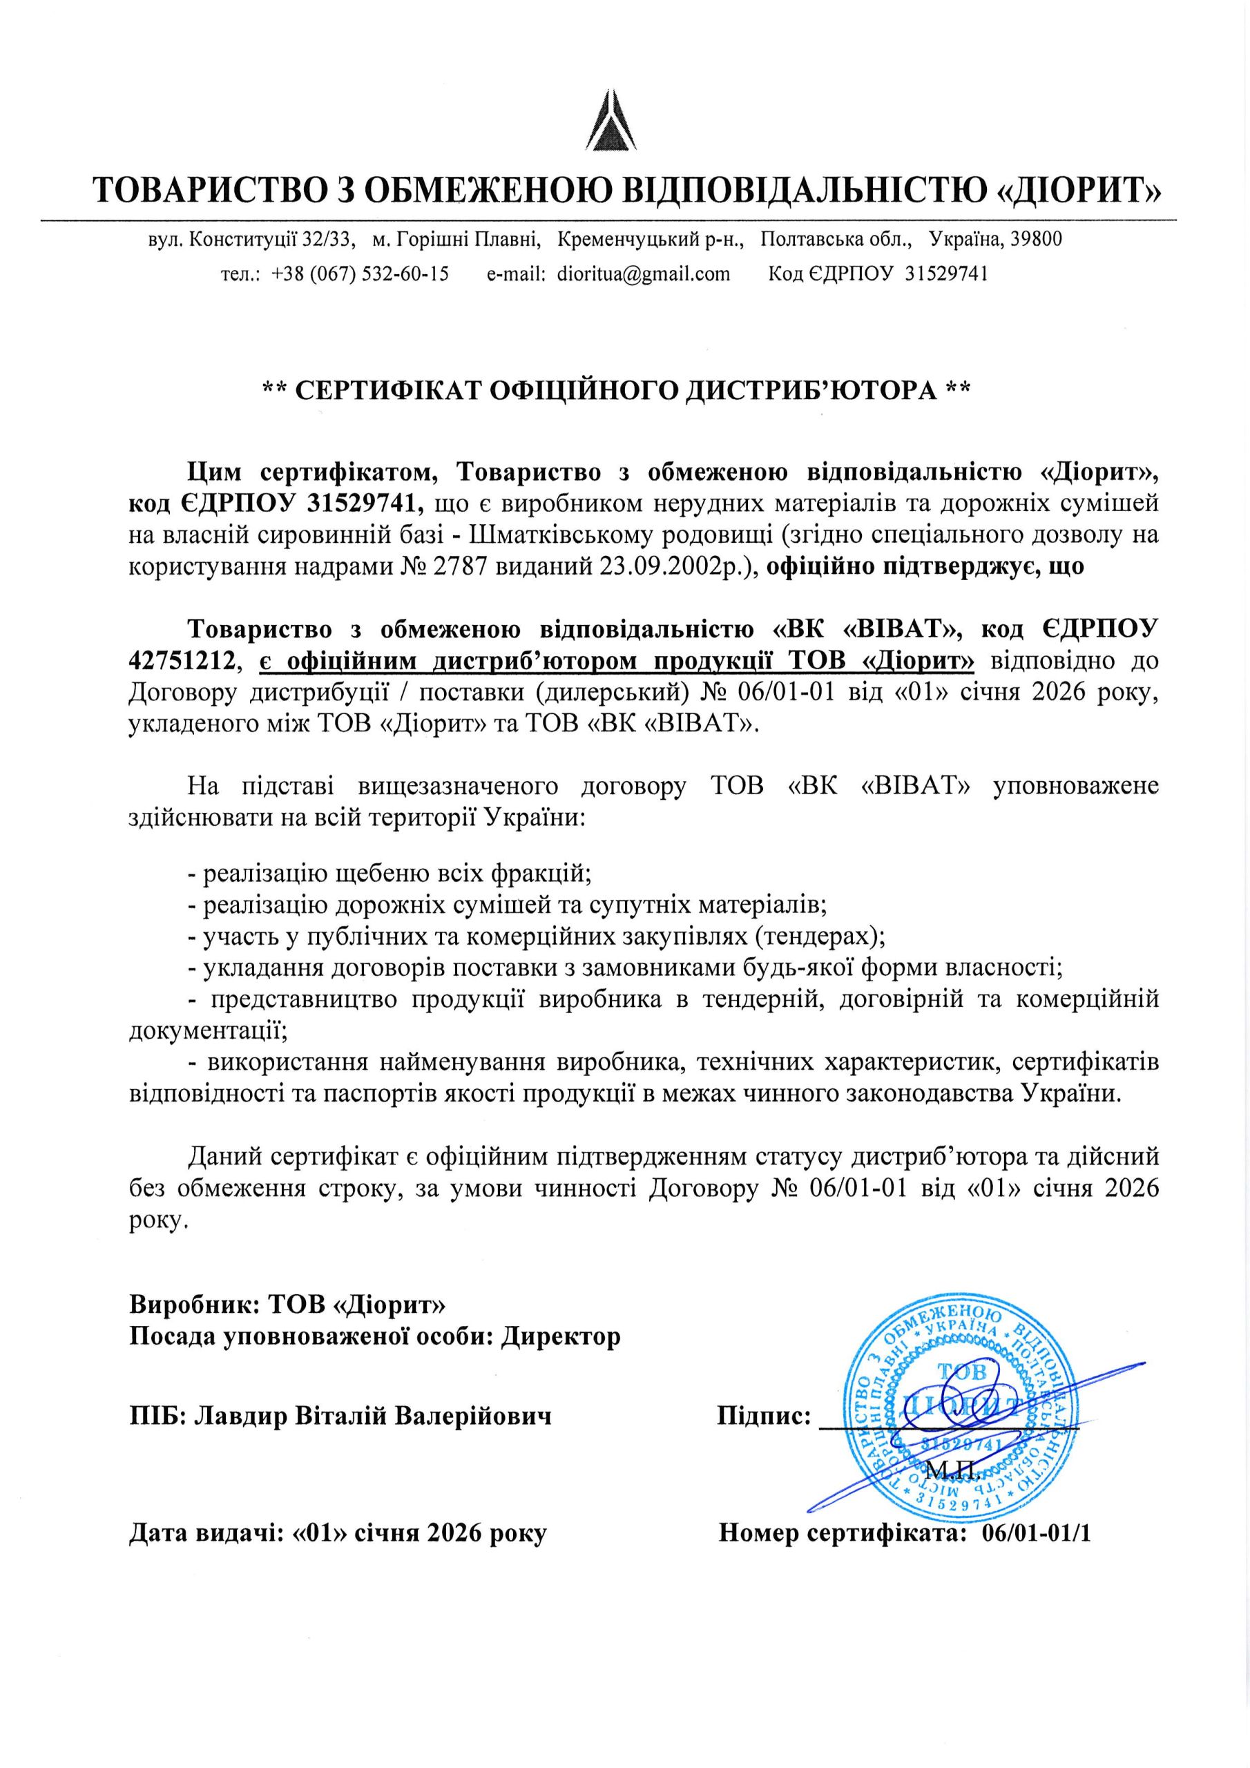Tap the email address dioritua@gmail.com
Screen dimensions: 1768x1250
click(x=643, y=273)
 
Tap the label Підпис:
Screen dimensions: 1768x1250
click(x=763, y=1415)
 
